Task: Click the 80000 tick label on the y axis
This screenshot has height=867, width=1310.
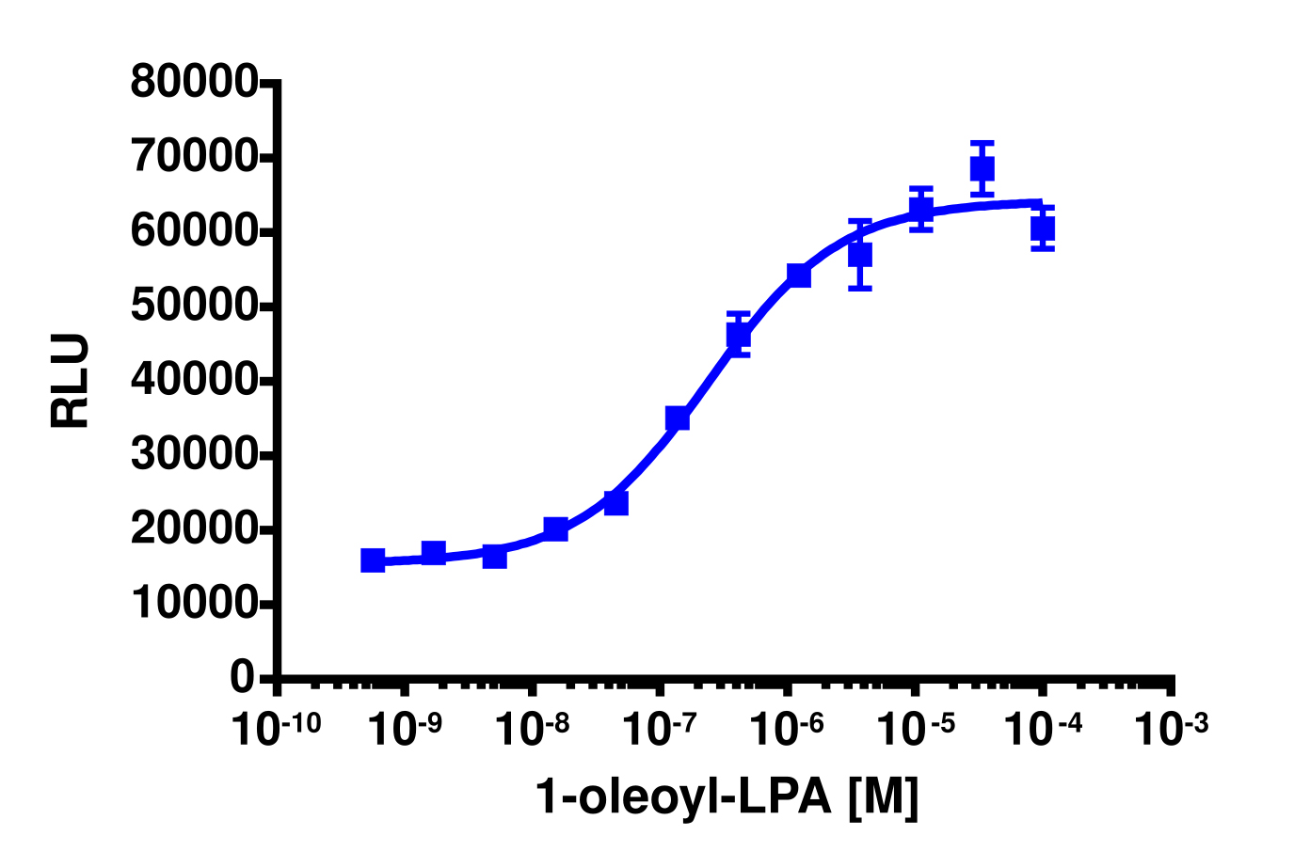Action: pyautogui.click(x=194, y=83)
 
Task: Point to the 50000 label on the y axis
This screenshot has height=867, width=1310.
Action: pyautogui.click(x=194, y=307)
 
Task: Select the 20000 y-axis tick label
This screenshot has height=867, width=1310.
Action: pyautogui.click(x=194, y=530)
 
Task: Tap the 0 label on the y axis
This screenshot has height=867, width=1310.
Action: pyautogui.click(x=243, y=678)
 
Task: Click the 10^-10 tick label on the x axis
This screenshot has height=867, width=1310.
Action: pyautogui.click(x=278, y=728)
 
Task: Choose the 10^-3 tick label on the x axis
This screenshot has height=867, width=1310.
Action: pyautogui.click(x=1171, y=728)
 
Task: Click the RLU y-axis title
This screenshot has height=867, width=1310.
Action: pyautogui.click(x=72, y=381)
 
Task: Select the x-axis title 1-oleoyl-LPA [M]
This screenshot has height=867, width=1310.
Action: pyautogui.click(x=727, y=797)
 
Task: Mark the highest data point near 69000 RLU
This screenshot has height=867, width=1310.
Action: pyautogui.click(x=982, y=169)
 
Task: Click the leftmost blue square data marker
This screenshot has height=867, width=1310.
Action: pyautogui.click(x=373, y=560)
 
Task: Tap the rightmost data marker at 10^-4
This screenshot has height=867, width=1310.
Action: pyautogui.click(x=1043, y=229)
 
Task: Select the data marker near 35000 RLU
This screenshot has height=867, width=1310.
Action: pyautogui.click(x=678, y=418)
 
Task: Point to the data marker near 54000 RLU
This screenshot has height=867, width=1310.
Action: pyautogui.click(x=799, y=276)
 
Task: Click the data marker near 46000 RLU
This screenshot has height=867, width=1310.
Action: pyautogui.click(x=739, y=335)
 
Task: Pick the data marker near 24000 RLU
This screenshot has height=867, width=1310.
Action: pyautogui.click(x=616, y=503)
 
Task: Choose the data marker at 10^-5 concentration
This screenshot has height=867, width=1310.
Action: pyautogui.click(x=921, y=209)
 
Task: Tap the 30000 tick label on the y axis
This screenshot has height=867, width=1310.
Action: pyautogui.click(x=194, y=455)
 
